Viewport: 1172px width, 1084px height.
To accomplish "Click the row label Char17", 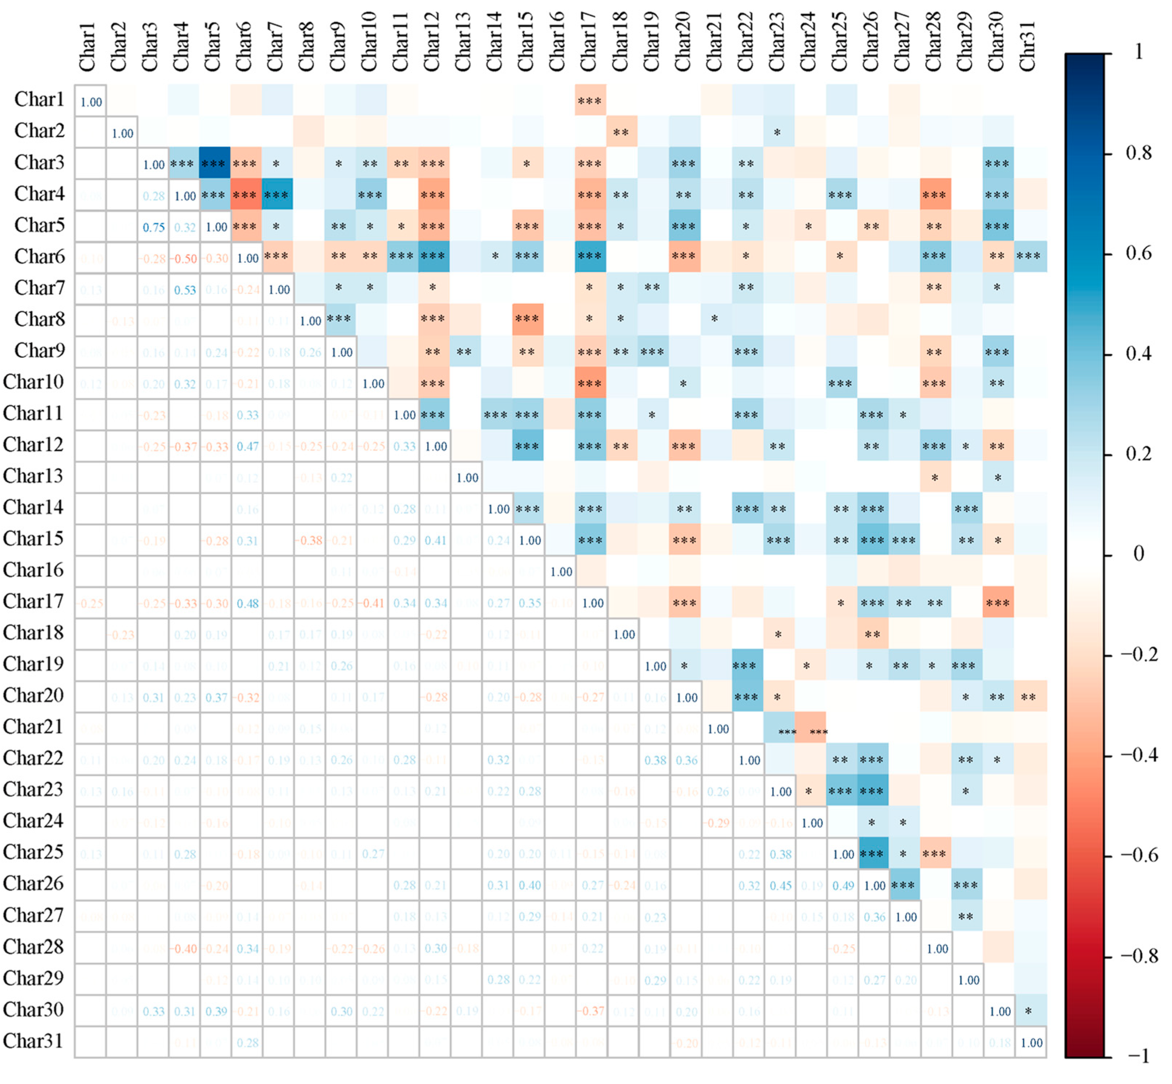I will (33, 601).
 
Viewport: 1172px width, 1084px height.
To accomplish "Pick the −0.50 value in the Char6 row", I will (185, 259).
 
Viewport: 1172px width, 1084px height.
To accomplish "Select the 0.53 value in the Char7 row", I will (185, 290).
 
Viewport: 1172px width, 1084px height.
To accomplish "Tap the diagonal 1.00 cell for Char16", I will (561, 571).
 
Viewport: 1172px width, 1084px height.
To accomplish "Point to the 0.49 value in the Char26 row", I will (843, 885).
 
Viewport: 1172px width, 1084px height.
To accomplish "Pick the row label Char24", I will (33, 821).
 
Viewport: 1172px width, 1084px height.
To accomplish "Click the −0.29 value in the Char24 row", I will (718, 823).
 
